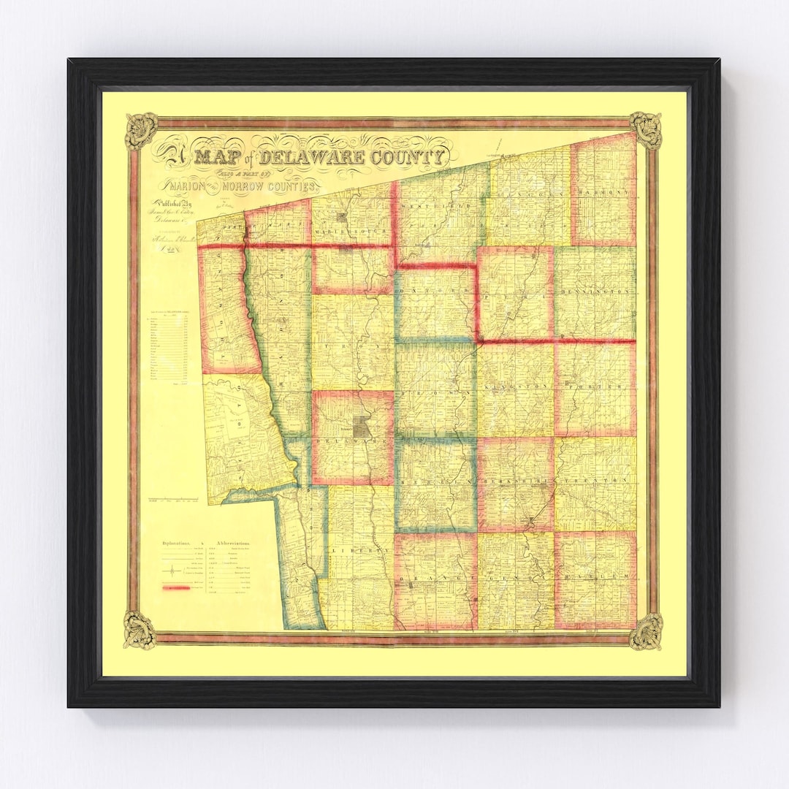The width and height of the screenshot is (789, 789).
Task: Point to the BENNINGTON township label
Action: tap(595, 292)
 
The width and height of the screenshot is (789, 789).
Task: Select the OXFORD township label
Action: tap(435, 290)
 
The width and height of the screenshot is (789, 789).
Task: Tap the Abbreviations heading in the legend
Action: tap(233, 544)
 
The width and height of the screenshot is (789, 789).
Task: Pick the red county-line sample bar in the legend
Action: tap(176, 587)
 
